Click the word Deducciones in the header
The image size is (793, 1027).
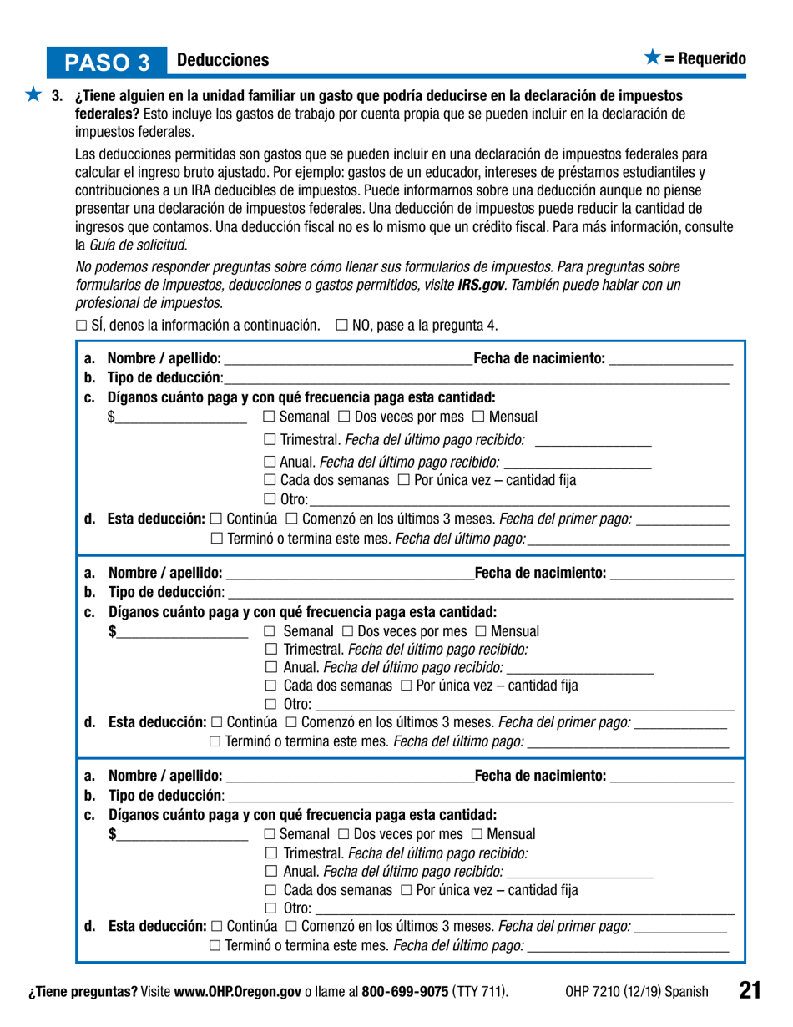coord(223,60)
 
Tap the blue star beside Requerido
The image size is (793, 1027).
coord(652,58)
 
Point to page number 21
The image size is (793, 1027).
coord(749,990)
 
